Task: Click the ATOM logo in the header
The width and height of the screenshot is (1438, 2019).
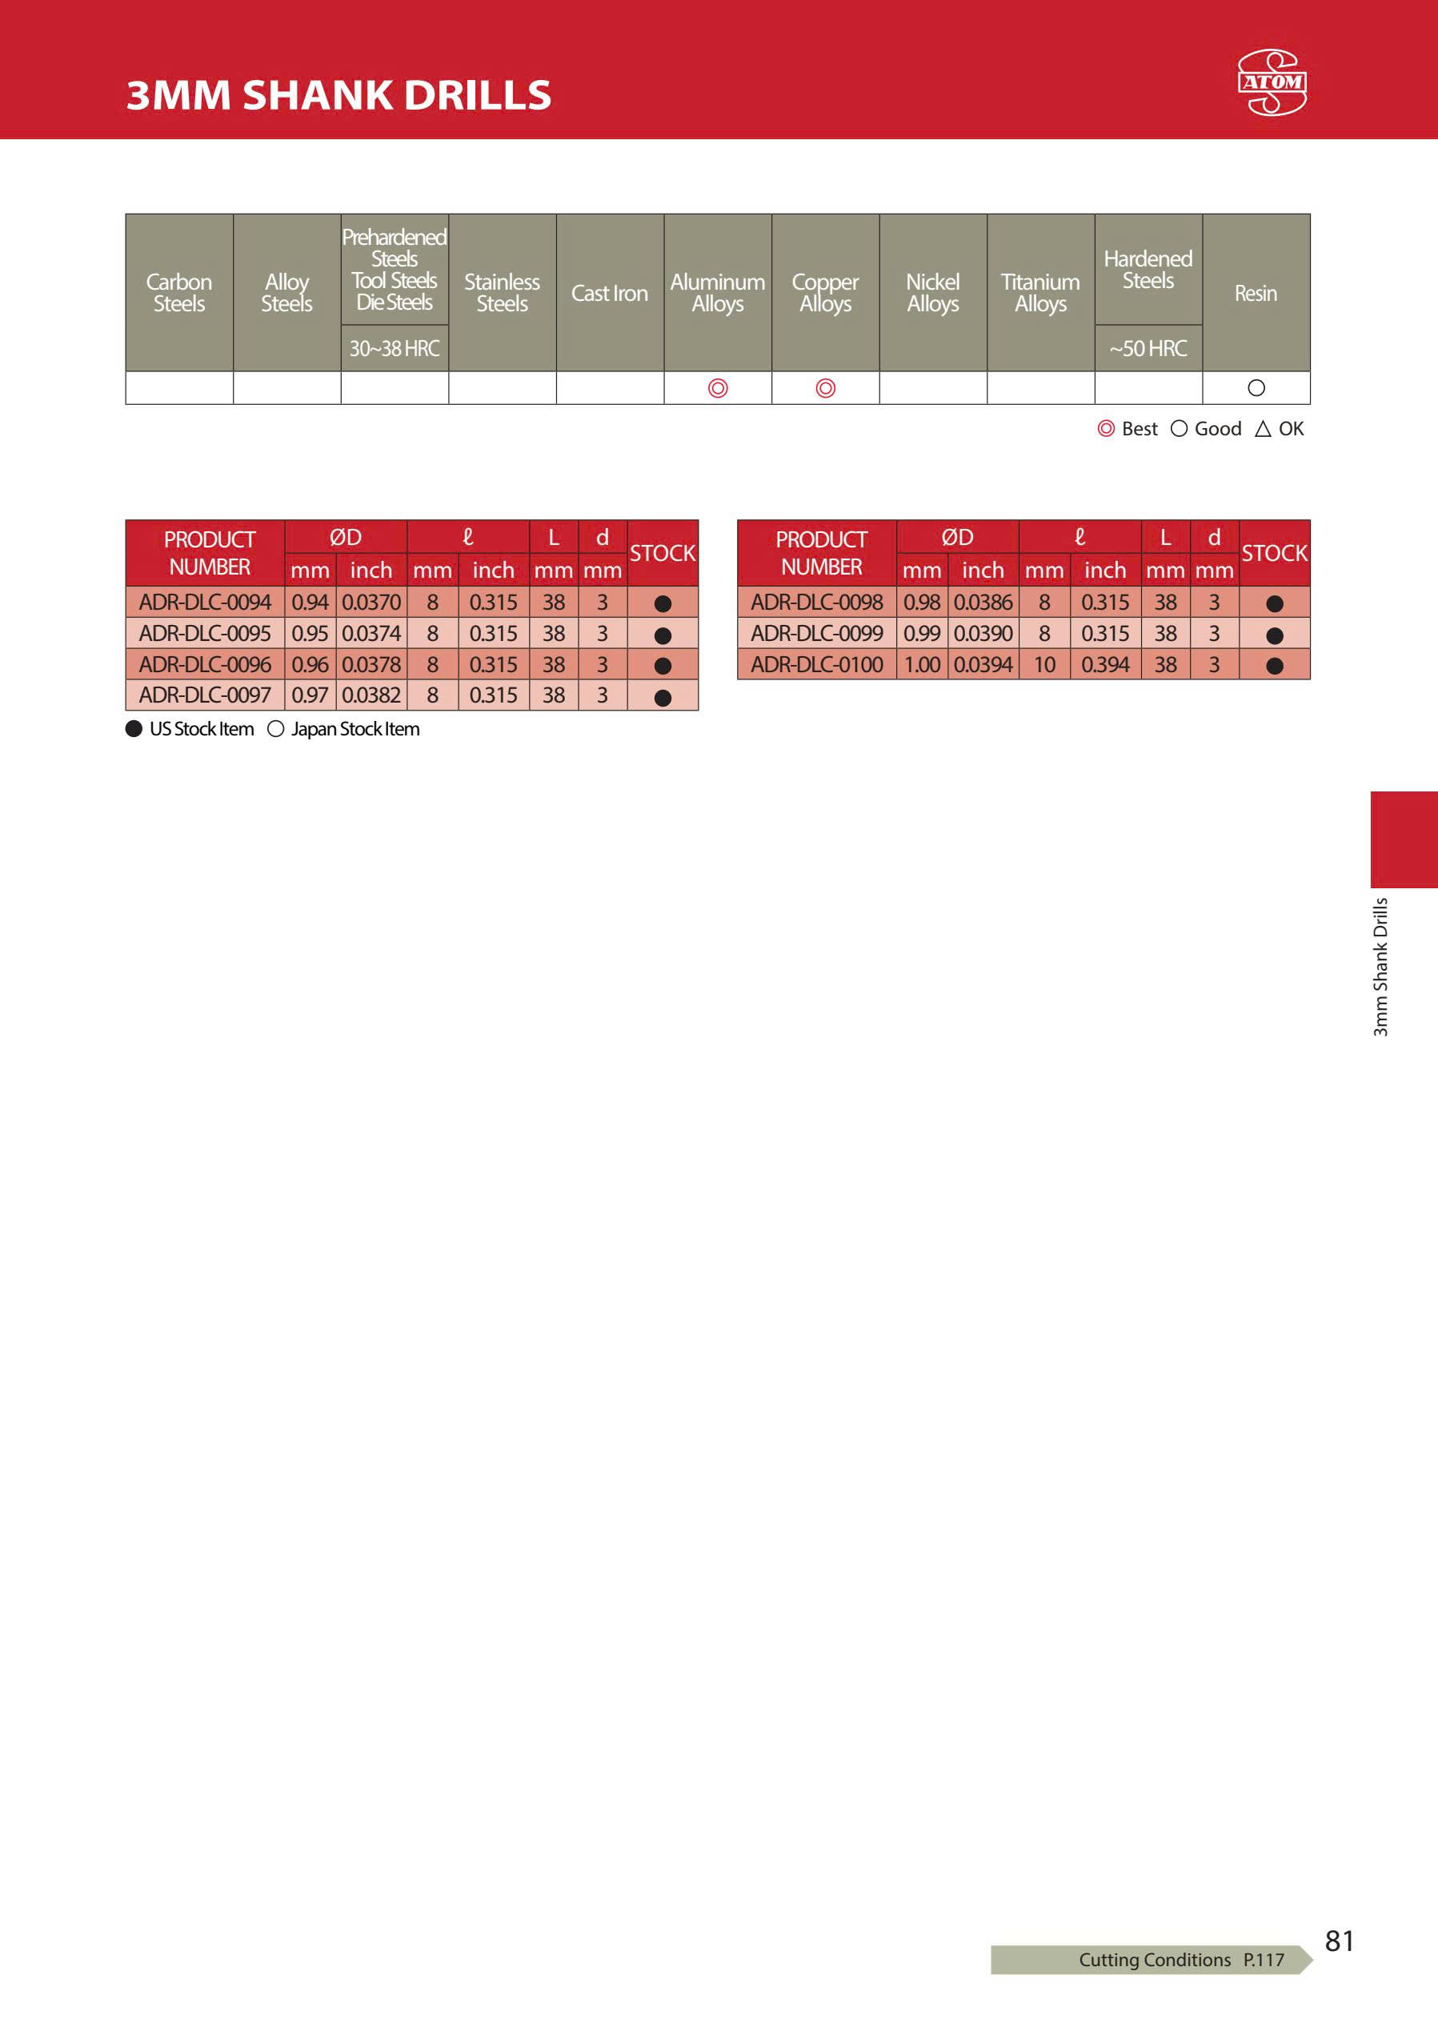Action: pos(1272,82)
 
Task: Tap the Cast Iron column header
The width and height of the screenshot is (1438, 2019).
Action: pos(609,293)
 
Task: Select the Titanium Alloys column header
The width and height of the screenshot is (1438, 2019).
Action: pos(1040,293)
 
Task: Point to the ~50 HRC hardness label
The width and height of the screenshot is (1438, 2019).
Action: pos(1148,349)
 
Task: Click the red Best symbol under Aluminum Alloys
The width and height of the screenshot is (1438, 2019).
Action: pos(717,388)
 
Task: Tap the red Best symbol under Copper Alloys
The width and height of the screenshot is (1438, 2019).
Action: pos(825,388)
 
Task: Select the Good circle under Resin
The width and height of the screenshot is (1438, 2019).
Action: pos(1256,388)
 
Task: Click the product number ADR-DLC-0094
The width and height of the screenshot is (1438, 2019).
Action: pos(205,602)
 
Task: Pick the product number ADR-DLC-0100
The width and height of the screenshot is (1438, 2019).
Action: pos(816,664)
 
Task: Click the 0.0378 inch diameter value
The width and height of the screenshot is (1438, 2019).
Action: pos(371,664)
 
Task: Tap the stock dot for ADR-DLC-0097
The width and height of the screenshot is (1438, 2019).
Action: pos(663,697)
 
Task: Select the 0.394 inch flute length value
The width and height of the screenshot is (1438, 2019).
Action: pos(1105,664)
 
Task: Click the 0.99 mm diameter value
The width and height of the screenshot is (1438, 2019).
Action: pos(922,633)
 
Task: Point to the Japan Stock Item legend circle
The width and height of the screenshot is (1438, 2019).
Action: pos(275,729)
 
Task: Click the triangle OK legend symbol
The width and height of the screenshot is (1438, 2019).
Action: pos(1263,429)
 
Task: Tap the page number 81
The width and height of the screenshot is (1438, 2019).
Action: pos(1339,1941)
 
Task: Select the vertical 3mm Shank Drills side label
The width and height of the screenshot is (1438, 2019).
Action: pos(1380,967)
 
